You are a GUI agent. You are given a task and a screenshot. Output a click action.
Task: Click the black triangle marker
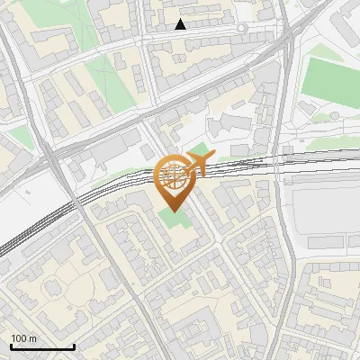click(x=181, y=24)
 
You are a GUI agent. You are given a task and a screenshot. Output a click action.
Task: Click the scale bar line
click(x=42, y=347)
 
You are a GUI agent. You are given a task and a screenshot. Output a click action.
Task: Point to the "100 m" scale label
click(x=24, y=338)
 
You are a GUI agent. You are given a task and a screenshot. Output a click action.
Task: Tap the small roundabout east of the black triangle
click(x=241, y=29)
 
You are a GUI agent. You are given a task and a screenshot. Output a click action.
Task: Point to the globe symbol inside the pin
click(x=175, y=174)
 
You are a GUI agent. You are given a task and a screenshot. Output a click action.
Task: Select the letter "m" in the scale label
click(x=33, y=338)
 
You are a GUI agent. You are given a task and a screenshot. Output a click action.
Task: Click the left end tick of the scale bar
click(x=11, y=346)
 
